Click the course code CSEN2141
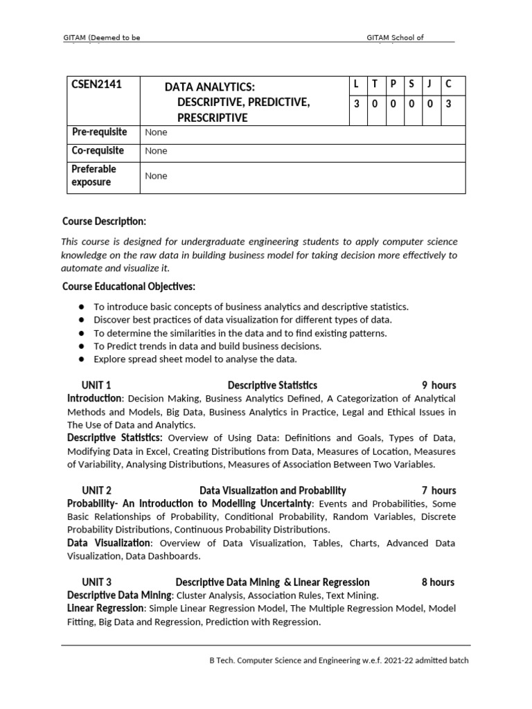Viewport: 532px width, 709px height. click(97, 85)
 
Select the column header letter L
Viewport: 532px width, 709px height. click(356, 84)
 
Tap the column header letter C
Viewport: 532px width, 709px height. click(448, 84)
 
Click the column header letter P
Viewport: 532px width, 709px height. click(393, 84)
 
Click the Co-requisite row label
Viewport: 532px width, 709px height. click(98, 150)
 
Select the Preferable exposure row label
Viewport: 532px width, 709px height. click(94, 175)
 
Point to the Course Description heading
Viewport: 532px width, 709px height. click(104, 222)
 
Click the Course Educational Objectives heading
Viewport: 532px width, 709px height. click(129, 286)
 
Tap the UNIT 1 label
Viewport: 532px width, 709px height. click(96, 385)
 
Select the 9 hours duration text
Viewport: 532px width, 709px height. click(439, 385)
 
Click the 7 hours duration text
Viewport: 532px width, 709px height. click(439, 490)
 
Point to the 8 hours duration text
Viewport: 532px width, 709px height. click(438, 582)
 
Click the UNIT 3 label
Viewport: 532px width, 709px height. click(96, 582)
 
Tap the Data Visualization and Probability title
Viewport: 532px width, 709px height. click(273, 490)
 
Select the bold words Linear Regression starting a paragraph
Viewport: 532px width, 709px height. click(106, 608)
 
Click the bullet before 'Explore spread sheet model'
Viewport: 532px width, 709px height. click(82, 359)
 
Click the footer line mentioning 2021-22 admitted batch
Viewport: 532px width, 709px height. click(339, 660)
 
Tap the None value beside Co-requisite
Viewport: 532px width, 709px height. click(156, 151)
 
